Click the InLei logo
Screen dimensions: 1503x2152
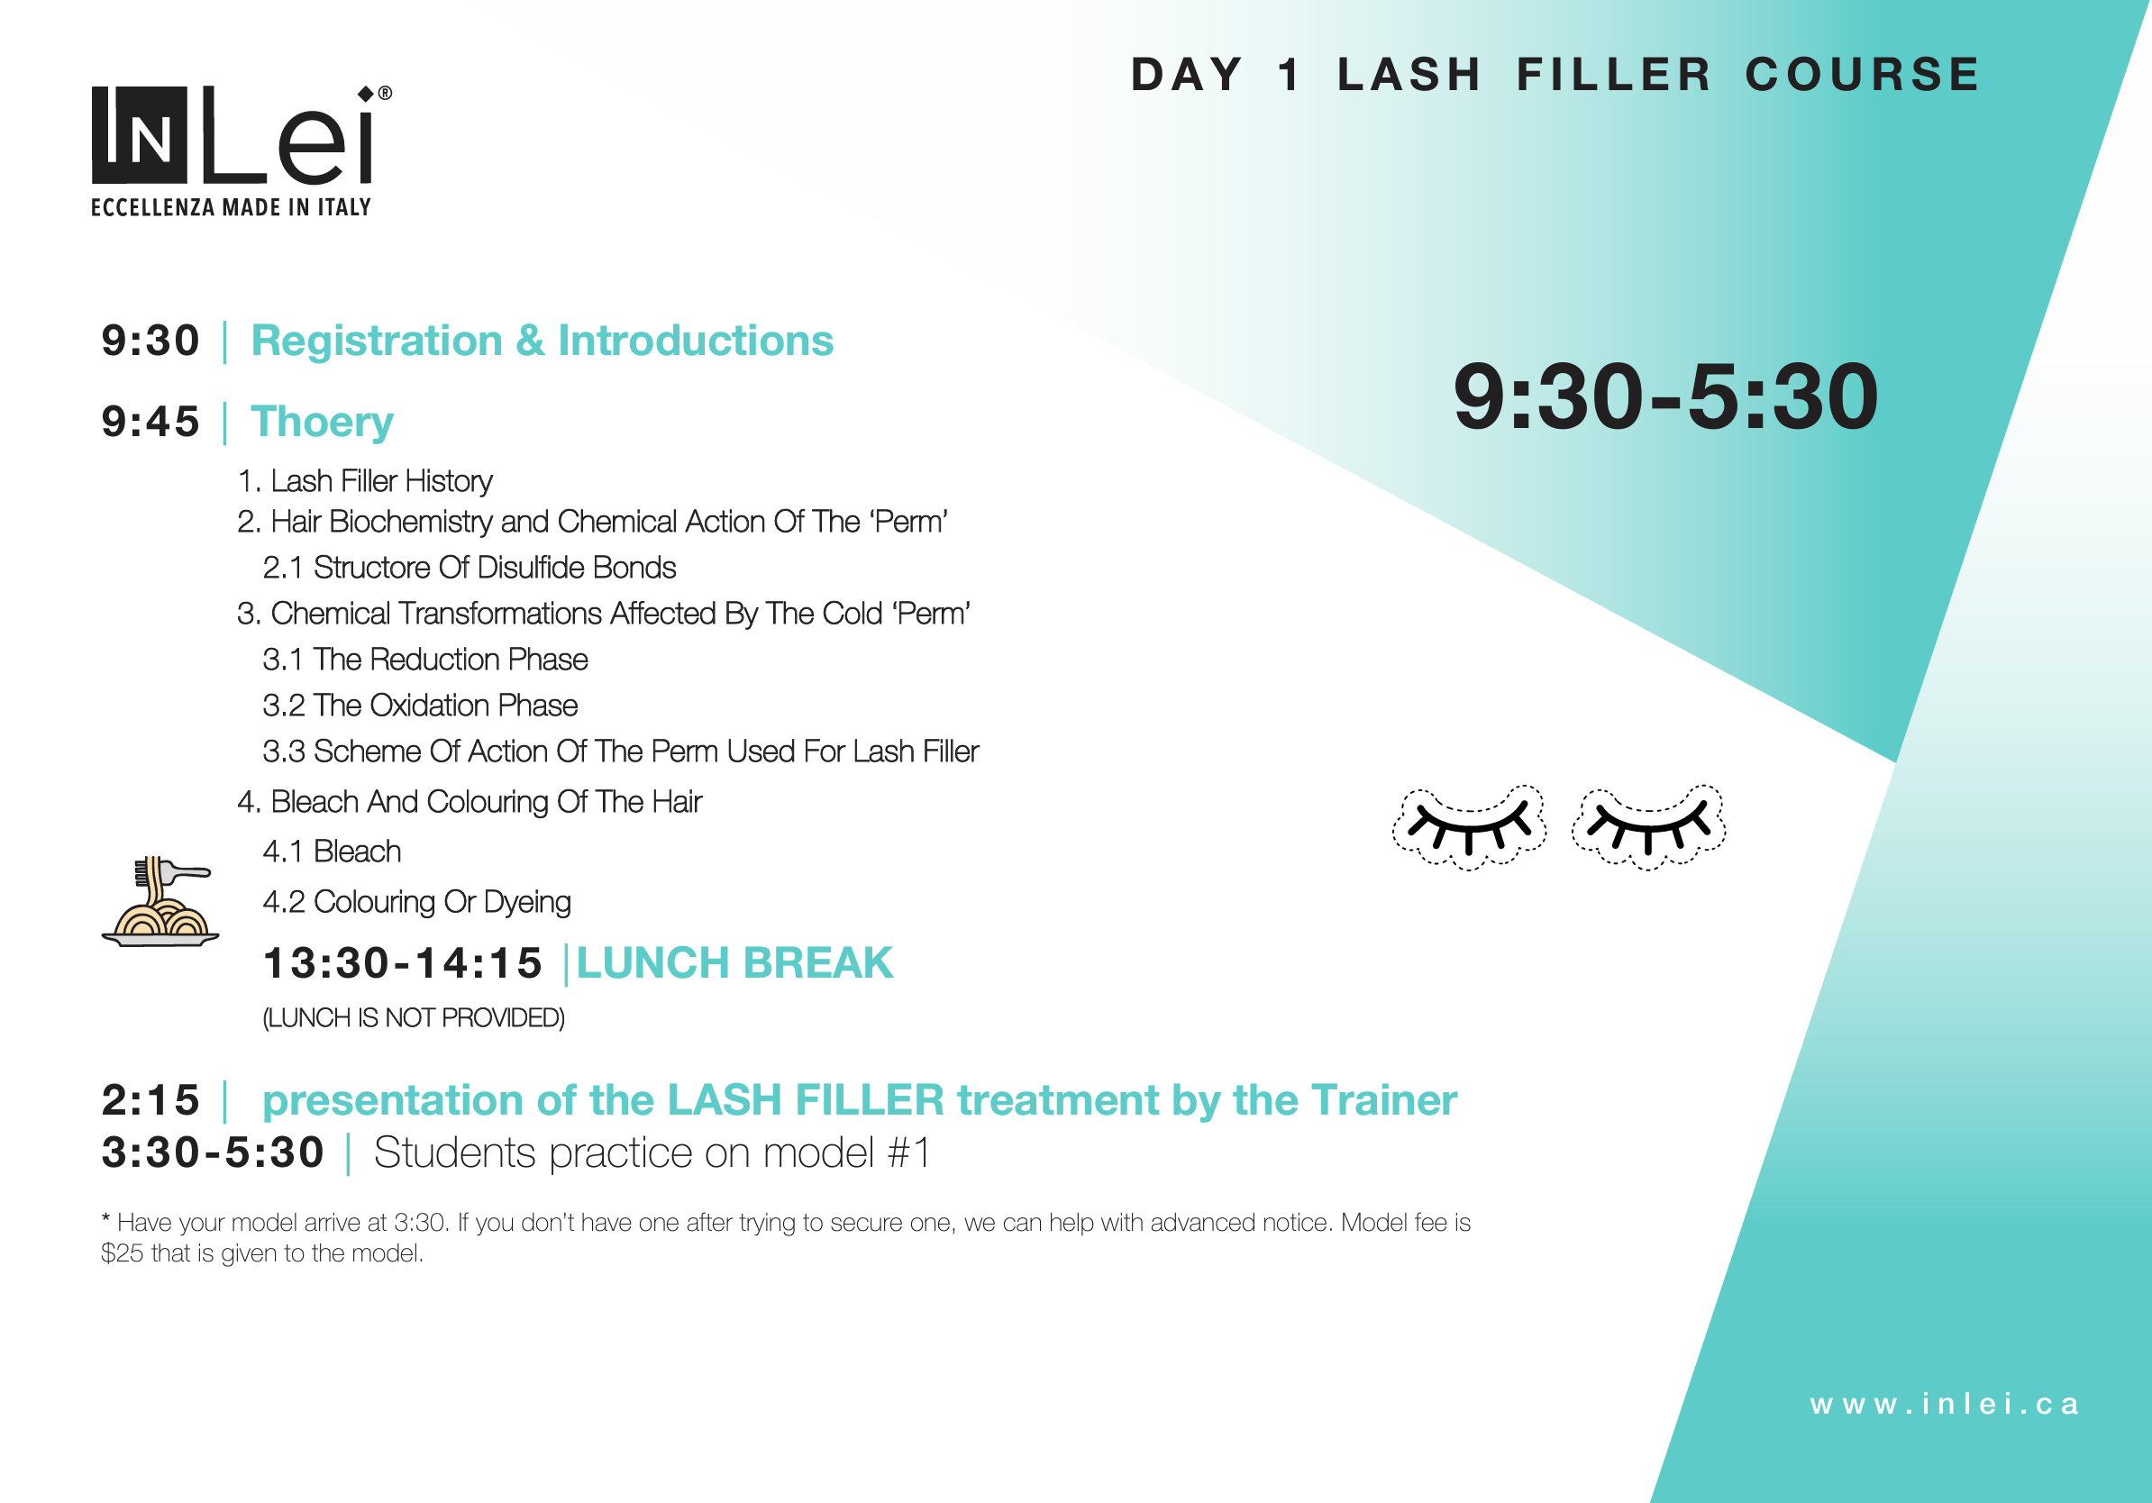(241, 136)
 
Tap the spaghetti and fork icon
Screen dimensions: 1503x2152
(160, 901)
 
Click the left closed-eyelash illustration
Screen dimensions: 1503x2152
(1469, 826)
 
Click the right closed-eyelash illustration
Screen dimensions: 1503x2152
(1647, 826)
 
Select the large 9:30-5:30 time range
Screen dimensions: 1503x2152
(1665, 397)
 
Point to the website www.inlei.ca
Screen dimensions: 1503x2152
(1945, 1404)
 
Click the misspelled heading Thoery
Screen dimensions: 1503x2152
(322, 422)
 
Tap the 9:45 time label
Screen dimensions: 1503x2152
(150, 422)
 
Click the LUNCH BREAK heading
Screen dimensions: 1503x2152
(734, 963)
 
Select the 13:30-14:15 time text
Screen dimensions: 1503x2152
(403, 963)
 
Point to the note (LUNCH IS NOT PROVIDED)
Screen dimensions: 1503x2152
(414, 1017)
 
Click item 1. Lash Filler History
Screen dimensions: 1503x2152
(365, 480)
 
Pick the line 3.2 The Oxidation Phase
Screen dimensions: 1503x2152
(420, 706)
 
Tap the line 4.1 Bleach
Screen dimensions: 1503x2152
(332, 851)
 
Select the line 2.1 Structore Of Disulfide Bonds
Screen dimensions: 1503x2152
(469, 568)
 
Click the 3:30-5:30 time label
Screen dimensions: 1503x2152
(213, 1152)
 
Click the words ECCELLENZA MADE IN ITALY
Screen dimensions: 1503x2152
(231, 207)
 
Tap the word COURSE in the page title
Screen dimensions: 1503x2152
(1862, 75)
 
